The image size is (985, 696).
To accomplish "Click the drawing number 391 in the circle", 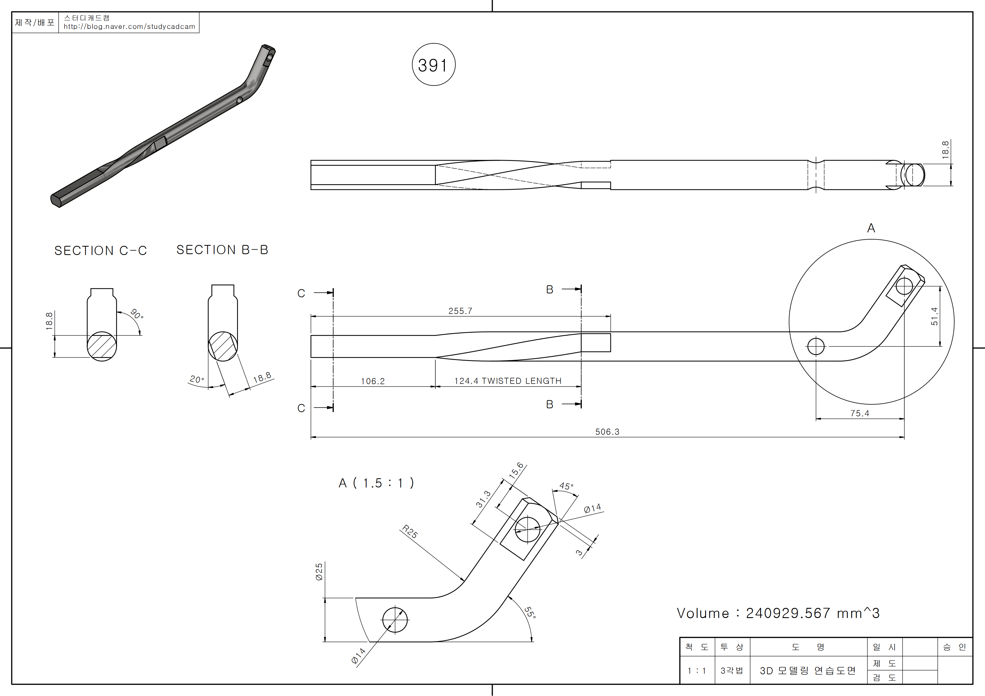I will click(x=433, y=65).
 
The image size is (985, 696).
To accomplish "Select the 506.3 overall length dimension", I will click(x=607, y=432).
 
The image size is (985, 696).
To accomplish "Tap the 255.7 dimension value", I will click(x=460, y=311).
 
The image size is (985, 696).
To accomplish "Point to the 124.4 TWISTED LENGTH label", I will click(x=507, y=381).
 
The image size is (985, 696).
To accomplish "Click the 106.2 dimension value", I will click(x=373, y=381).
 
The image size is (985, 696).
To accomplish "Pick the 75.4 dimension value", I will click(x=860, y=413).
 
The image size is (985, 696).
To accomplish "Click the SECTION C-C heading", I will click(x=100, y=251).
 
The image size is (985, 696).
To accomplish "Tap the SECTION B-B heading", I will click(x=222, y=250).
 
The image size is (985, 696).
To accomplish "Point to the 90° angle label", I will click(x=136, y=314).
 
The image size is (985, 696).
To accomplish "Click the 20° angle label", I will click(x=197, y=379).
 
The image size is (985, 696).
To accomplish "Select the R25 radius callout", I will click(x=410, y=532).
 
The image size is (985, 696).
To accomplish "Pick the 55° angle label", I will click(x=530, y=612).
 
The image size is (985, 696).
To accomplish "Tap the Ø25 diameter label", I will click(x=319, y=572).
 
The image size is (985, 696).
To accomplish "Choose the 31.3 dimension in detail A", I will click(x=483, y=499).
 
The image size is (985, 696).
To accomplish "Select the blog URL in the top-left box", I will click(x=129, y=26).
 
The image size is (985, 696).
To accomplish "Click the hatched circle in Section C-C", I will click(x=102, y=346).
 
